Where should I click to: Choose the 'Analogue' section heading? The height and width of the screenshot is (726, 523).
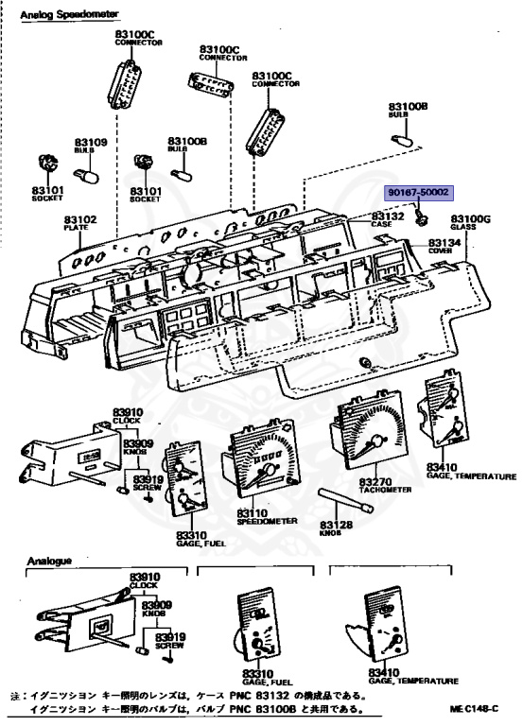click(48, 561)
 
